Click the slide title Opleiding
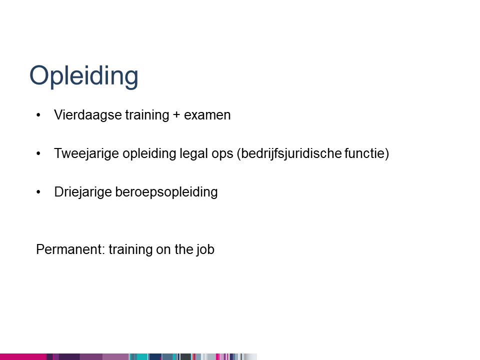point(84,76)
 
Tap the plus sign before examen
point(176,115)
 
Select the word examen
point(207,115)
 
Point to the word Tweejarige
point(86,153)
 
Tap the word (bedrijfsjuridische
point(289,153)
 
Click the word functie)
point(366,153)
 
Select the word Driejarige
point(83,192)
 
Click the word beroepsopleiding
point(166,192)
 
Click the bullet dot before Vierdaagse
point(38,115)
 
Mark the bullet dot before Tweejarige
point(38,153)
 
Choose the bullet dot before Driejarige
point(38,192)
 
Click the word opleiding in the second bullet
point(149,153)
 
